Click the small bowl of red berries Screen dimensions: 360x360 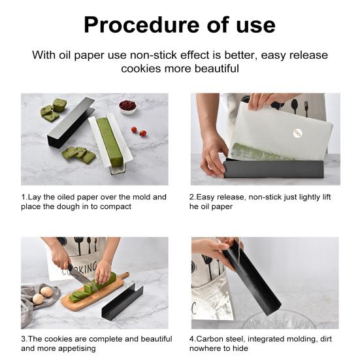point(127,106)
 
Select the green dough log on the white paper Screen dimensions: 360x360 point(110,142)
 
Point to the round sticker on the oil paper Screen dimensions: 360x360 point(297,133)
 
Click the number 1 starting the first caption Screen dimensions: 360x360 point(24,197)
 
